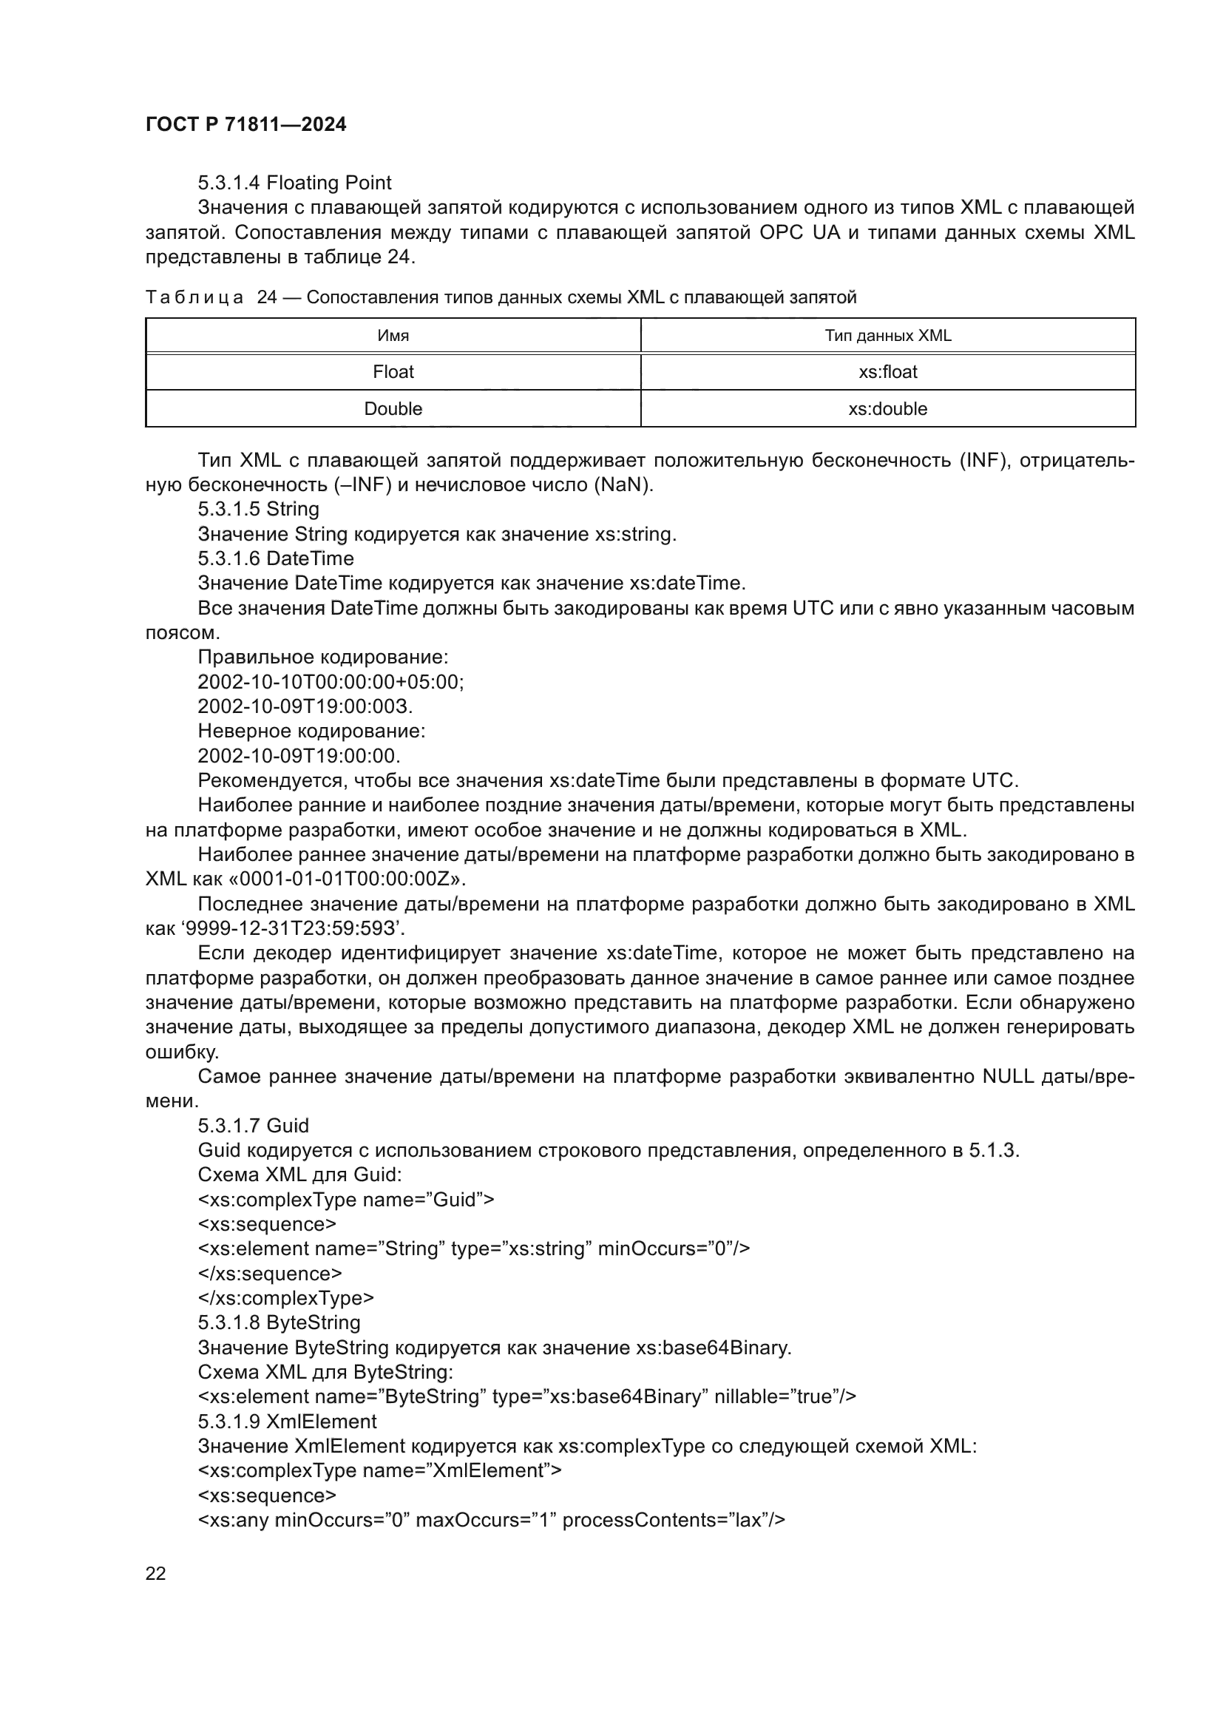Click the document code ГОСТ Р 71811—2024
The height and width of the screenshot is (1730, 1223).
(x=245, y=125)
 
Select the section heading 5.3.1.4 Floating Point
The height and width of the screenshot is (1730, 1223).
(x=294, y=183)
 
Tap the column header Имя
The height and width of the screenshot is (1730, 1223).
(x=393, y=336)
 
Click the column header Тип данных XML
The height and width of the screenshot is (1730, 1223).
(x=887, y=336)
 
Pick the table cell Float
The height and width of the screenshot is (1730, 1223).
(x=393, y=372)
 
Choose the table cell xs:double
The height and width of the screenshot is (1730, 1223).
(x=887, y=409)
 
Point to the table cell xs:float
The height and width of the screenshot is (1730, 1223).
(x=887, y=372)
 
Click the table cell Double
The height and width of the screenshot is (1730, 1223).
(x=393, y=409)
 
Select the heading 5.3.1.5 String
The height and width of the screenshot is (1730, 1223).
(x=258, y=510)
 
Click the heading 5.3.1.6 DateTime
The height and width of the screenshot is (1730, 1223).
(x=276, y=558)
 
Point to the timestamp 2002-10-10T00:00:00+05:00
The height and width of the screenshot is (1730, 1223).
(x=330, y=682)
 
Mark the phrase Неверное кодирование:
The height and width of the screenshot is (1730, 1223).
(x=311, y=731)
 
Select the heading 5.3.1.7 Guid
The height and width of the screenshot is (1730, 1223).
(x=253, y=1126)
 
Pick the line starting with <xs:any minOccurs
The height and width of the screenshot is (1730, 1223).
(x=491, y=1520)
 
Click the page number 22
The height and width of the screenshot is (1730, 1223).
(x=156, y=1574)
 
